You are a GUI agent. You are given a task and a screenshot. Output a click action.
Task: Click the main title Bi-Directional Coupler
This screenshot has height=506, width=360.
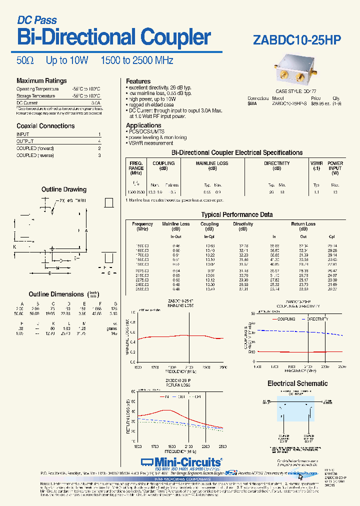pos(114,38)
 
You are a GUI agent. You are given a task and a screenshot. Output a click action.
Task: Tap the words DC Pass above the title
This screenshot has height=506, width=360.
pos(37,20)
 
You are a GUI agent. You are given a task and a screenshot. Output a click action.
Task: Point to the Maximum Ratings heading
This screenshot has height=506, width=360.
pos(41,81)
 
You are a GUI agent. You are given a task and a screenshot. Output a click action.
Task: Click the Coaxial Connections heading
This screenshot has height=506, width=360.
pos(45,126)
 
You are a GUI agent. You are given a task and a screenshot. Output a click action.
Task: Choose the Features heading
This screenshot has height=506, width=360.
pos(138,81)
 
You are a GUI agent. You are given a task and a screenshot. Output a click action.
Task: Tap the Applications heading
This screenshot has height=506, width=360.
pos(143,125)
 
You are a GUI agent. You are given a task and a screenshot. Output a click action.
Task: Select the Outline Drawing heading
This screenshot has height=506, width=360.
pos(63,189)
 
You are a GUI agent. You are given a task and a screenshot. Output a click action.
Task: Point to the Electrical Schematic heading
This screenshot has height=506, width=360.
pos(297,383)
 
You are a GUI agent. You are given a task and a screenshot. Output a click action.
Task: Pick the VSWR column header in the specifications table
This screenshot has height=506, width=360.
pos(316,163)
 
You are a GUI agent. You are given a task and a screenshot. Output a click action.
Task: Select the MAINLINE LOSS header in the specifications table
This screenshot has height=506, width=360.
pos(212,163)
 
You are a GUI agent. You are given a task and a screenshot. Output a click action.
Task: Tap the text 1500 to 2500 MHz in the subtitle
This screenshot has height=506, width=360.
pos(137,60)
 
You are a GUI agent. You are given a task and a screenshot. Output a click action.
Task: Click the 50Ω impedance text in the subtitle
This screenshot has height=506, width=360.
pos(25,60)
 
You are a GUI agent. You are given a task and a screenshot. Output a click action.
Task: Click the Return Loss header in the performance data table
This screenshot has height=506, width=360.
pos(303,224)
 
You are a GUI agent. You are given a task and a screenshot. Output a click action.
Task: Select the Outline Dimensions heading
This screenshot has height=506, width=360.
pos(56,294)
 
